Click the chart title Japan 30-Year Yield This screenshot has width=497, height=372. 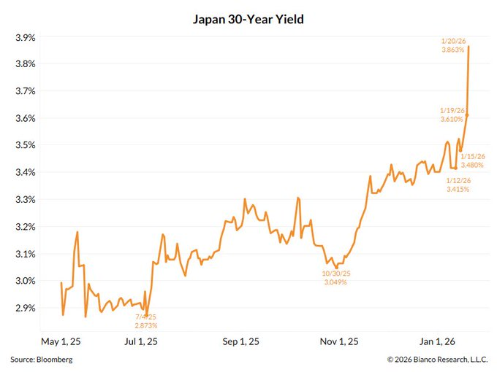(x=248, y=20)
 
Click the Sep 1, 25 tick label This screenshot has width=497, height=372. (x=240, y=341)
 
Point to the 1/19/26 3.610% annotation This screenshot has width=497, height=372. (x=452, y=115)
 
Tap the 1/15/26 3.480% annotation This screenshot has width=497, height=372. (x=473, y=160)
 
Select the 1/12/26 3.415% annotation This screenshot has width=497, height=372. (x=458, y=185)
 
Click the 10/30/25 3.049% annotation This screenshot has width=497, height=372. (x=335, y=278)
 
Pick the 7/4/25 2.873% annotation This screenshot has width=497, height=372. (x=145, y=322)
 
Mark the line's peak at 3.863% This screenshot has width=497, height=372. (x=468, y=47)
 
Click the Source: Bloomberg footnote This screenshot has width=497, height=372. (x=42, y=360)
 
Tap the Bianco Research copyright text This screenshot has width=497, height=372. (x=437, y=360)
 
